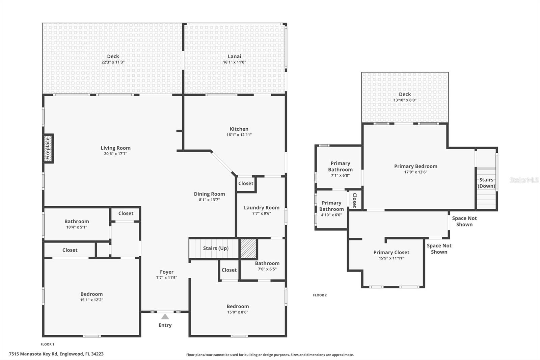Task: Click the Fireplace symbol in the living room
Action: point(48,148)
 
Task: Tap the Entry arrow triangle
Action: point(165,317)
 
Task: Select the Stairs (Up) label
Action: point(216,248)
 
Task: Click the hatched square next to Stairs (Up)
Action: point(248,249)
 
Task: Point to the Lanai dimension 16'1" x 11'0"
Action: point(234,62)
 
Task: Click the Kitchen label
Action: point(239,129)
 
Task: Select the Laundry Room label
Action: point(262,208)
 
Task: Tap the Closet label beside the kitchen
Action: point(246,183)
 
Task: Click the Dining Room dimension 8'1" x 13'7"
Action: point(209,200)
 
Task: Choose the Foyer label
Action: point(167,272)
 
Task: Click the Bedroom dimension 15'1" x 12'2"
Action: point(91,300)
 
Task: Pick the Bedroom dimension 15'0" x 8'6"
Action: point(238,312)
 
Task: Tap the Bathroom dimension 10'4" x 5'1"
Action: point(77,227)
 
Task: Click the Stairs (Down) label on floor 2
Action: point(486,183)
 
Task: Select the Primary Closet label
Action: point(391,252)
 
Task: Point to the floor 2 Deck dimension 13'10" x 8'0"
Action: point(405,100)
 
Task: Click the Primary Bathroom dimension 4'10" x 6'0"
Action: point(331,215)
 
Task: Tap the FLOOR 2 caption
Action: point(320,295)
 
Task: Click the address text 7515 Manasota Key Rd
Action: point(56,354)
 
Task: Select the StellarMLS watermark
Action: point(524,180)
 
